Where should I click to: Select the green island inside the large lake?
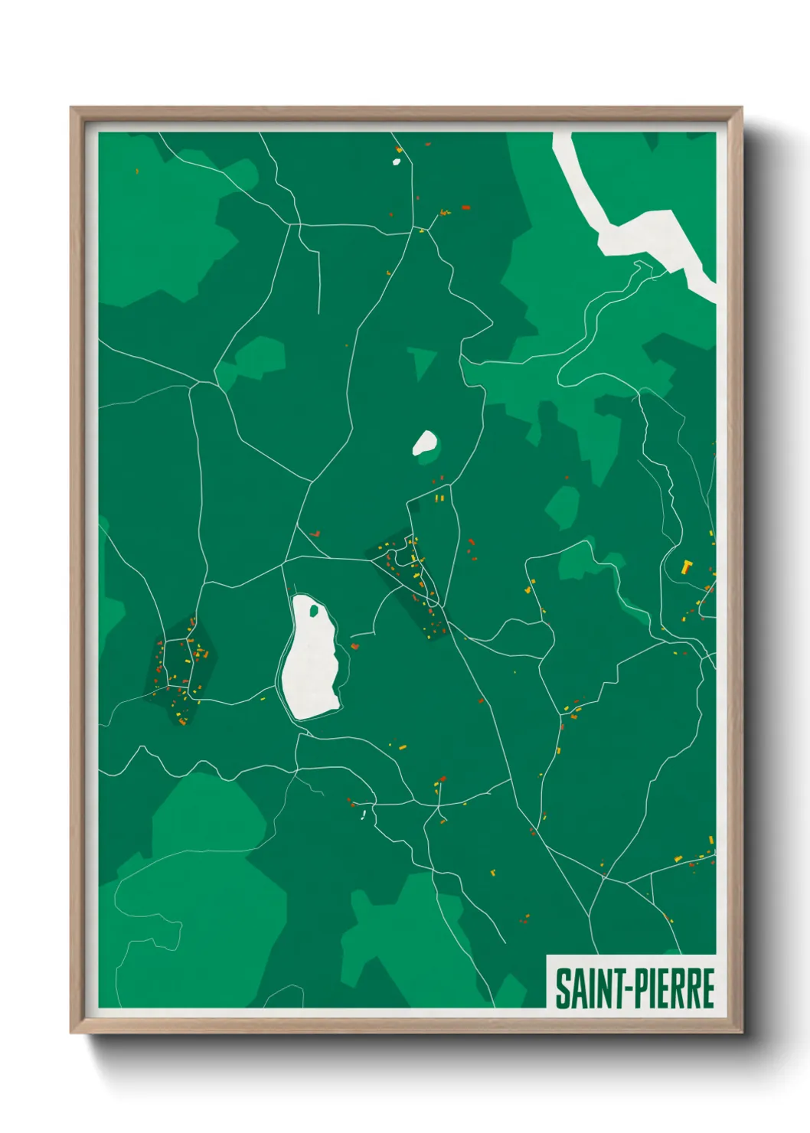(x=313, y=610)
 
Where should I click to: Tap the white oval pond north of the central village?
(x=425, y=442)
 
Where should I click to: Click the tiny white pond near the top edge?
(x=397, y=161)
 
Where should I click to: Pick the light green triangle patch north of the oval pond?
(x=420, y=361)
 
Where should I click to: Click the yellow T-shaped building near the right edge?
(x=686, y=566)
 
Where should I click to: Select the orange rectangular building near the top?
(x=465, y=207)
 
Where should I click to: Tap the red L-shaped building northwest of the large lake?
(x=314, y=533)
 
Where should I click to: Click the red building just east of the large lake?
(x=354, y=646)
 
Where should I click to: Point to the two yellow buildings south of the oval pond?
(x=439, y=498)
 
